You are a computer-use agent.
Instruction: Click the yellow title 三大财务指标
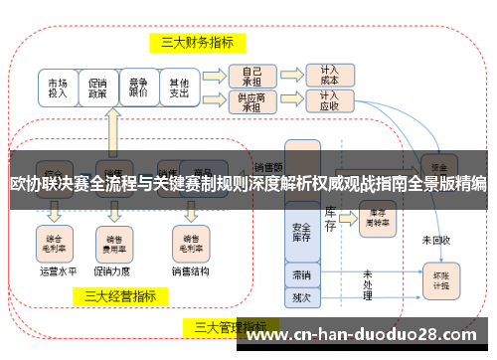coord(198,43)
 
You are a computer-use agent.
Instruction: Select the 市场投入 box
coord(58,88)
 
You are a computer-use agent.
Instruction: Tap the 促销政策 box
coord(97,88)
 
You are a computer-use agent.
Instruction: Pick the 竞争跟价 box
coord(138,88)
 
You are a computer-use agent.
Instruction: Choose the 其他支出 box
coord(179,88)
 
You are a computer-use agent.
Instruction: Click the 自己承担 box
coord(251,75)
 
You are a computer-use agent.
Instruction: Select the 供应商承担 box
coord(251,100)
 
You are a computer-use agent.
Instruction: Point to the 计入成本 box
coord(329,75)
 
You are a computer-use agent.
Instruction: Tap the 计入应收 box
coord(329,100)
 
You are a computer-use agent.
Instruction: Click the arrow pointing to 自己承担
coord(214,75)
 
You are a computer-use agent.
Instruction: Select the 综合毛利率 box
coord(56,242)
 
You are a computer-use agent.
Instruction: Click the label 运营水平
coord(56,270)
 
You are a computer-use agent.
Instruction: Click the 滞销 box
coord(301,273)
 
